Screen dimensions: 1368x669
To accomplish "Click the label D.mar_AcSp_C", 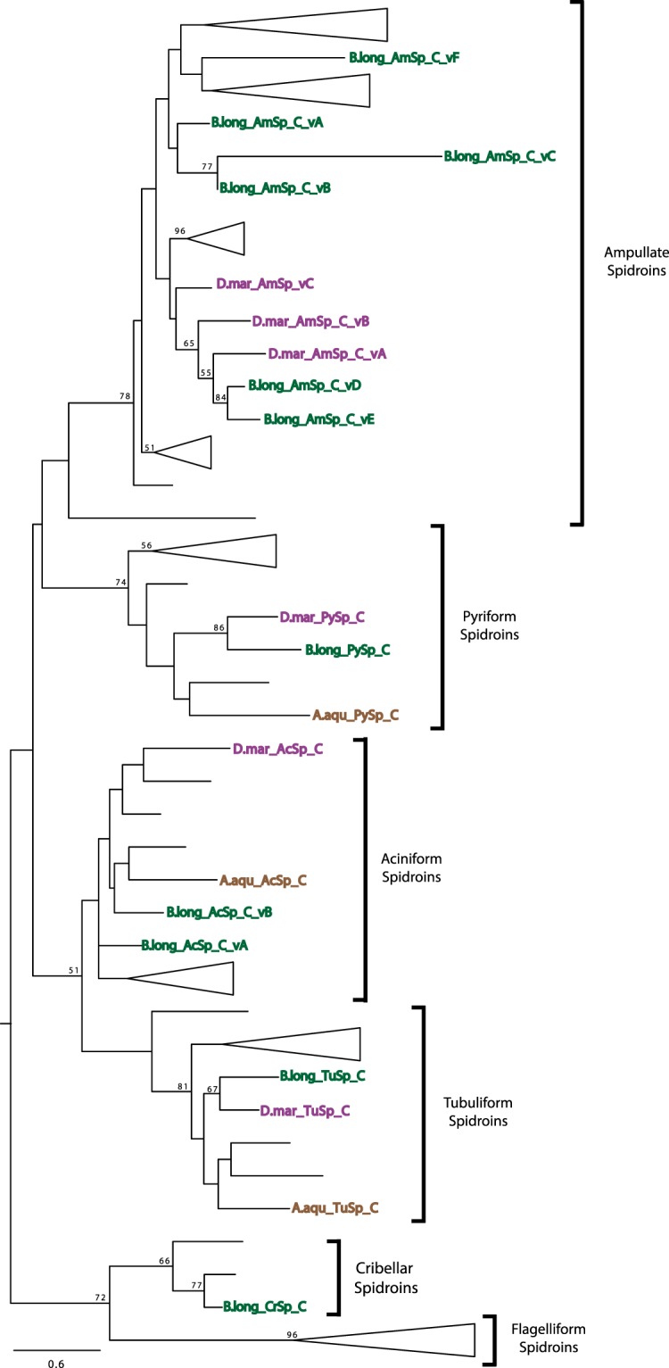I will click(x=277, y=749).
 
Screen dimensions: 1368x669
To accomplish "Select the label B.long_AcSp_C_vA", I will click(x=194, y=944).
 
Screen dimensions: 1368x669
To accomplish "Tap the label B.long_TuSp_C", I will click(x=322, y=1075).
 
